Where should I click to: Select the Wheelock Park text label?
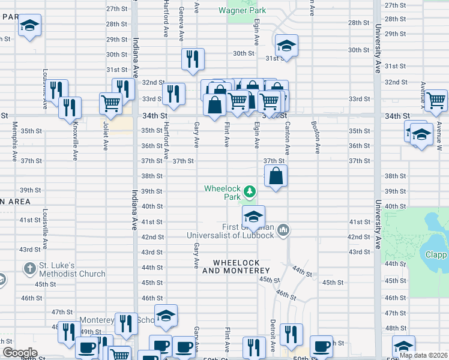222,193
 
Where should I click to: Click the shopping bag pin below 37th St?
276,176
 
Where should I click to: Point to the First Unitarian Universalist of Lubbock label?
231,230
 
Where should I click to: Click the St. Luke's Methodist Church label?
70,269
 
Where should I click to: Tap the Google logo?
20,352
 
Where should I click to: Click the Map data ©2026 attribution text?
423,355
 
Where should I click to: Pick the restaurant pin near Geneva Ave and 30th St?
193,59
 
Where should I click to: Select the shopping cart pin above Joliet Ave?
110,103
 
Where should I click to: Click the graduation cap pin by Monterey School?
166,316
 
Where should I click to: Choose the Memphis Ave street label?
14,142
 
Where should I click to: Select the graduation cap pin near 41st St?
254,216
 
